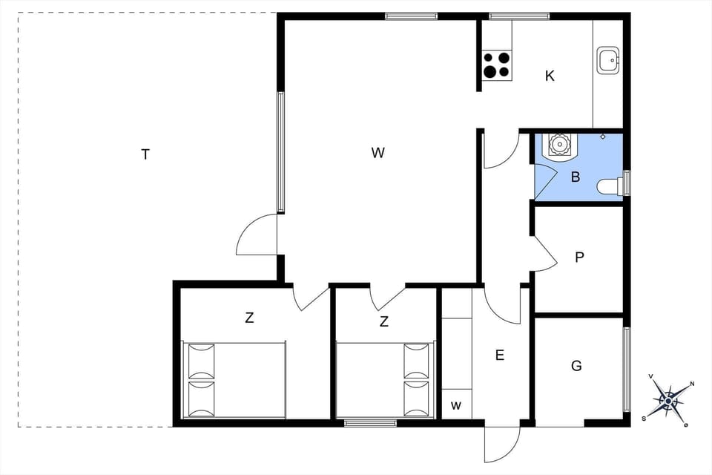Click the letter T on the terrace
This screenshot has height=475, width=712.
point(145,154)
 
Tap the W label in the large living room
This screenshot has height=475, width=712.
point(378,153)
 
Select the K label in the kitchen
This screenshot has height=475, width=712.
point(550,76)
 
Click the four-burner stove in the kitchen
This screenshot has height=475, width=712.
point(497,64)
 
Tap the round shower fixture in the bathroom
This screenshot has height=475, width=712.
point(558,145)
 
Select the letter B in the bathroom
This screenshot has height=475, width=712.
point(575,177)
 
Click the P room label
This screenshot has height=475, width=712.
point(580,258)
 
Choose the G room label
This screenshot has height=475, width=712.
point(576,365)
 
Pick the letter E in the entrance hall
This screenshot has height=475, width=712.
point(500,355)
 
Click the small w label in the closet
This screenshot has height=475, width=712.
point(456,405)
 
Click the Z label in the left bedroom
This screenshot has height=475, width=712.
point(249,318)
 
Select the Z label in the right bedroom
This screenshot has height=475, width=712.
point(383,321)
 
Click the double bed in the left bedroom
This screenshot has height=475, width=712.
point(234,380)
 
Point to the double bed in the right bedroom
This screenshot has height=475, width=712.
point(383,380)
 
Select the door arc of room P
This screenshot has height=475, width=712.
point(545,254)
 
